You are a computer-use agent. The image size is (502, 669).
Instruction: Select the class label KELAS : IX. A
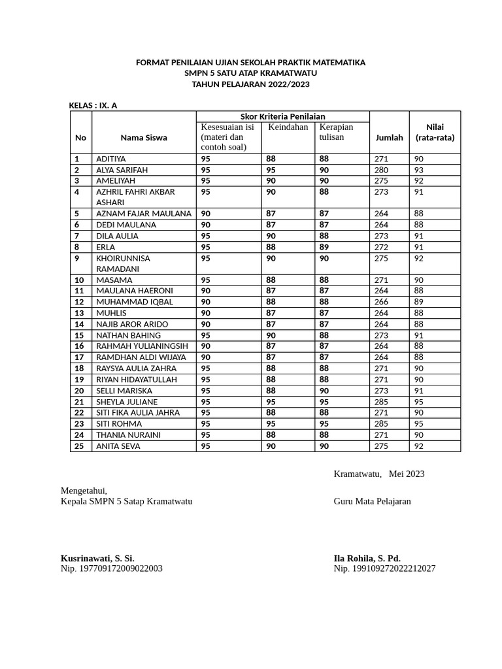(93, 105)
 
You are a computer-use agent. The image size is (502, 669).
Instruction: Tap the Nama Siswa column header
(143, 138)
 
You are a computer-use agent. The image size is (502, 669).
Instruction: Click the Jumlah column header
(389, 138)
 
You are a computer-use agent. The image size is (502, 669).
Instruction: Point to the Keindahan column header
(288, 127)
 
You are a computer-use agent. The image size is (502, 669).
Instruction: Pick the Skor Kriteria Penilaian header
(282, 116)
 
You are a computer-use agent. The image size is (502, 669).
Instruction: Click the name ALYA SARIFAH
(122, 170)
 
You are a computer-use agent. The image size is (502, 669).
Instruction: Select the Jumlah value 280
(381, 170)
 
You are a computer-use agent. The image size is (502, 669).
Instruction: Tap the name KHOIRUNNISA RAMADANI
(123, 263)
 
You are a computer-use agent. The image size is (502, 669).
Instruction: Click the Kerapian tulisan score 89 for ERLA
(324, 247)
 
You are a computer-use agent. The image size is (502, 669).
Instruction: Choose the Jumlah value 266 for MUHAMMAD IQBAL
(381, 302)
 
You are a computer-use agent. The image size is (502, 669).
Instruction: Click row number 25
(78, 446)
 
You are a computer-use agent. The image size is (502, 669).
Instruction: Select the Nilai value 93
(419, 170)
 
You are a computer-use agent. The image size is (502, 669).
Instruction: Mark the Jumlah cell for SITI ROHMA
(381, 424)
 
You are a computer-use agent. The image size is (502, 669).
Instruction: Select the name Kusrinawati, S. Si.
(97, 558)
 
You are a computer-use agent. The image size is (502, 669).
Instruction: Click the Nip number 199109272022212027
(384, 568)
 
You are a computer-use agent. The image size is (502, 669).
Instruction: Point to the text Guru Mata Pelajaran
(372, 501)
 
